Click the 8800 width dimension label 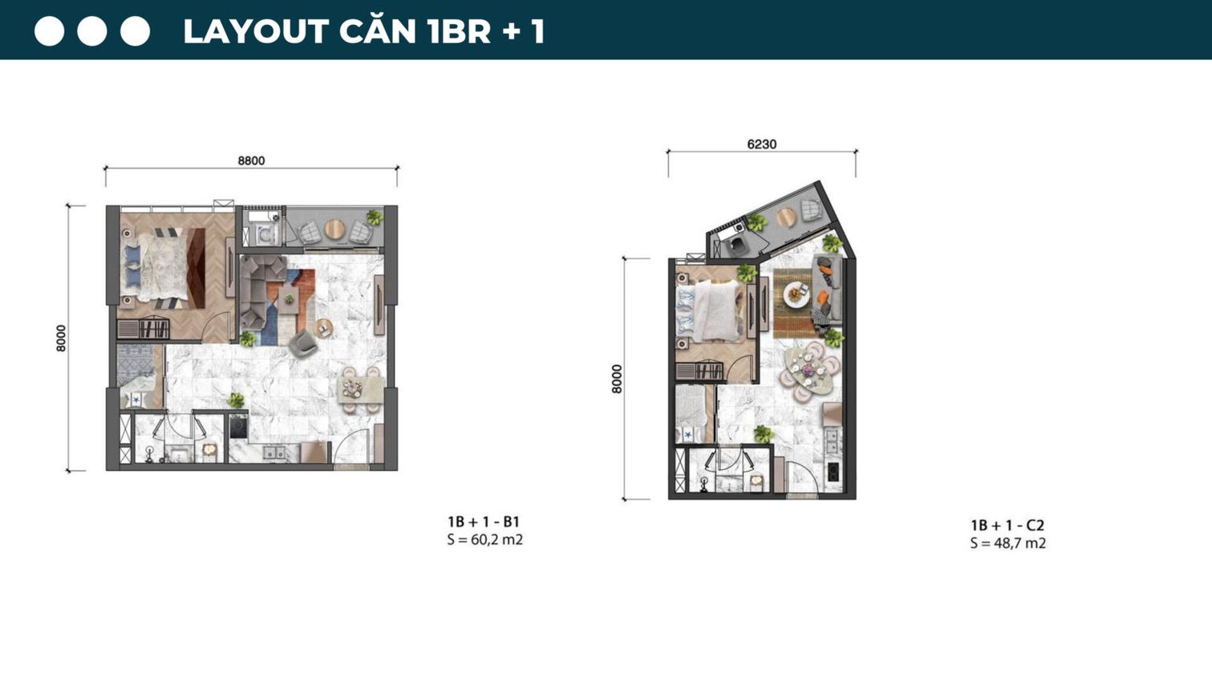[x=251, y=160]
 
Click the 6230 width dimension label [x=761, y=144]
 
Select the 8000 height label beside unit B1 [x=62, y=338]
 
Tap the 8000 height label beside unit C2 [x=617, y=379]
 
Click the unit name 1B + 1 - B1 [x=483, y=522]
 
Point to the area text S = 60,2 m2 [x=484, y=540]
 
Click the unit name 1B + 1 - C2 [x=1007, y=526]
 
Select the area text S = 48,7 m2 [x=1007, y=543]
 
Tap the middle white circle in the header [x=91, y=31]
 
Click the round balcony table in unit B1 [x=334, y=230]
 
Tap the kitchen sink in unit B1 [x=274, y=453]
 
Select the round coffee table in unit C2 [x=797, y=294]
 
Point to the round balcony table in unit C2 [x=786, y=217]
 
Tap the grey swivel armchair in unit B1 [x=302, y=343]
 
